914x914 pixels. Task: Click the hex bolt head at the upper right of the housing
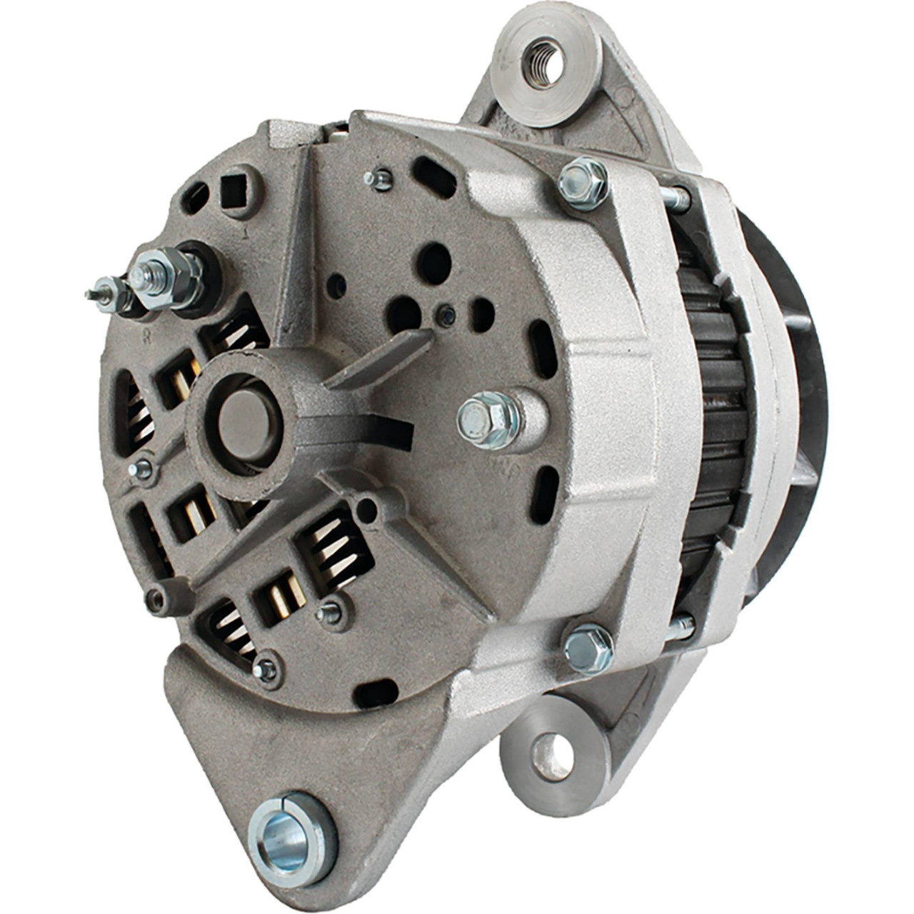click(x=582, y=184)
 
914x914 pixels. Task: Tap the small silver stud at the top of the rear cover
click(x=378, y=179)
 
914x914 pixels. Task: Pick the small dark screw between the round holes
click(x=446, y=313)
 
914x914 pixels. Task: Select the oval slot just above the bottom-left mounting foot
click(x=376, y=692)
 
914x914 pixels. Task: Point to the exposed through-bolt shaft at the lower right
click(x=680, y=627)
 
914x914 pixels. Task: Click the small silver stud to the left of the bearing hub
click(x=141, y=469)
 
